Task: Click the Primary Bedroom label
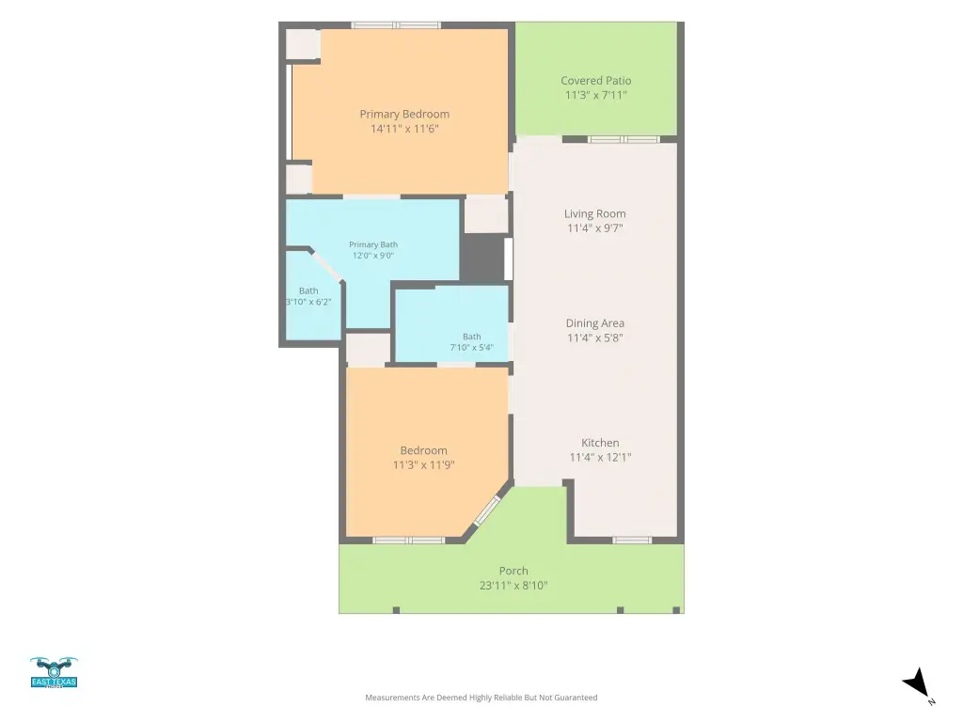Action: click(404, 114)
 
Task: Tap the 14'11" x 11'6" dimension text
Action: click(404, 129)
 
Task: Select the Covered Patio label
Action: click(595, 81)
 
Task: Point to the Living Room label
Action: click(595, 213)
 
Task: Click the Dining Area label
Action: click(595, 323)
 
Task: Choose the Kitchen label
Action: click(600, 443)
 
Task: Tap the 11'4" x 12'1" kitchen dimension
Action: click(600, 458)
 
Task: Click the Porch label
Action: click(513, 571)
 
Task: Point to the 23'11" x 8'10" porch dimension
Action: click(513, 586)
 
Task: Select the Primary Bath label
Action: click(373, 244)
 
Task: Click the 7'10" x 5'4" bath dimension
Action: click(472, 348)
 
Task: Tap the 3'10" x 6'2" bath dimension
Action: click(308, 302)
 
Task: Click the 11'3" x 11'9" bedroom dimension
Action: click(424, 465)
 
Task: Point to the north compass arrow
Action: click(917, 683)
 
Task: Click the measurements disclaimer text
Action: click(481, 698)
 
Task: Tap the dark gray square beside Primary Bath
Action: click(482, 258)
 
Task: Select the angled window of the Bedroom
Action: click(488, 510)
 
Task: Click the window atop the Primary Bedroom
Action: click(396, 25)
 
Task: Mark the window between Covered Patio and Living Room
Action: click(624, 139)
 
